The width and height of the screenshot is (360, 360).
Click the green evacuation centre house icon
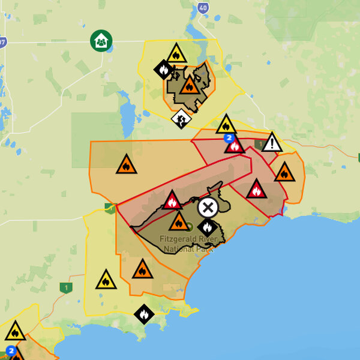tap(101, 41)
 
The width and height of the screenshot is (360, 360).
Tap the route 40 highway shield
tap(202, 7)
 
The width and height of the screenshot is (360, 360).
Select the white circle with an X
tap(208, 208)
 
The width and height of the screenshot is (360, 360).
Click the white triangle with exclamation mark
tap(272, 143)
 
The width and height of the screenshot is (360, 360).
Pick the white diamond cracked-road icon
tap(181, 118)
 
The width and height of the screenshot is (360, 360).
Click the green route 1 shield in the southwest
tap(65, 287)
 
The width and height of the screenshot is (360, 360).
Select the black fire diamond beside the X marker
tap(206, 227)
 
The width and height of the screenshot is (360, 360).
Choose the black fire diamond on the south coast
tap(143, 313)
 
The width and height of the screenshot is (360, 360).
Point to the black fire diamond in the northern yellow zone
tap(163, 70)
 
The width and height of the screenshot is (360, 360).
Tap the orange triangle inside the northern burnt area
tap(190, 86)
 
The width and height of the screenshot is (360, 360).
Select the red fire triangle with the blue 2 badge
tap(235, 145)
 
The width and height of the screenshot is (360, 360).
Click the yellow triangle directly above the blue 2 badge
tap(226, 125)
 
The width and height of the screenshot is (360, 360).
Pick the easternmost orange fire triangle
tap(284, 173)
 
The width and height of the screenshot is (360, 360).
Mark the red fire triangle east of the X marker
tap(256, 190)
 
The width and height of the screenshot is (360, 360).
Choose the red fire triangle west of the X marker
tap(172, 200)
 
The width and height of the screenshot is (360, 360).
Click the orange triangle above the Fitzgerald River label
tap(178, 222)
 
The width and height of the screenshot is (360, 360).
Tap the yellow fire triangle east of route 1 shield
tap(106, 280)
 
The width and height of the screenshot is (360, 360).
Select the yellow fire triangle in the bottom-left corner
tap(15, 331)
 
